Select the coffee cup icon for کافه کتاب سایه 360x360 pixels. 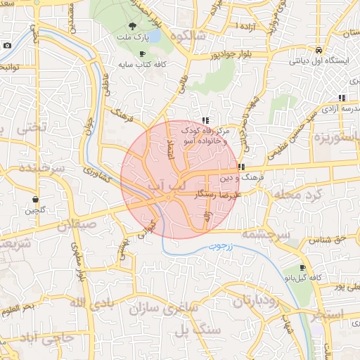tap(143, 53)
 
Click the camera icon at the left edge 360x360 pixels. tap(7, 45)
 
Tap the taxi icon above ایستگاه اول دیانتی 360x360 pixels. tap(319, 51)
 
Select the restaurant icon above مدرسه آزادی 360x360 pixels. tap(342, 98)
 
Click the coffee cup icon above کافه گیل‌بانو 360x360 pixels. tap(302, 268)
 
